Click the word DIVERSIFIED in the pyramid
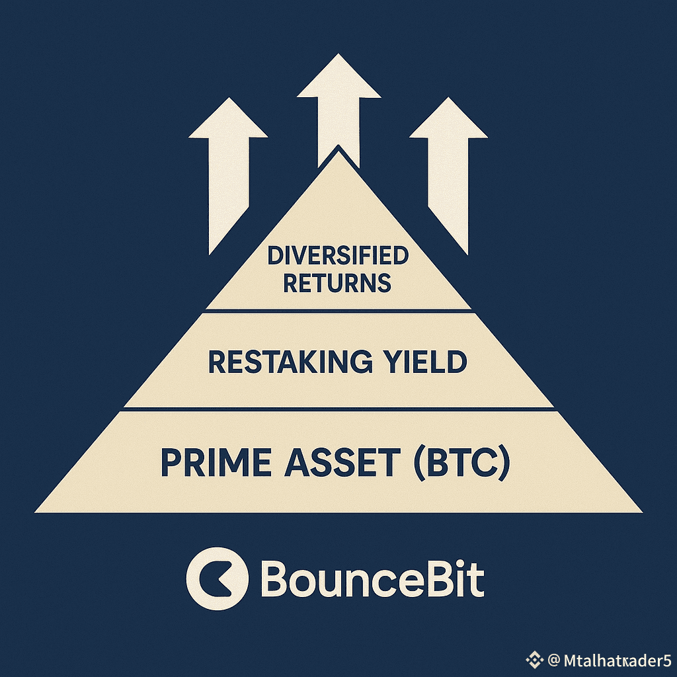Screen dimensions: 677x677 (x=338, y=255)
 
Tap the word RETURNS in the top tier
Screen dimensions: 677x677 (x=338, y=283)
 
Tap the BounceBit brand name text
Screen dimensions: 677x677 (x=373, y=580)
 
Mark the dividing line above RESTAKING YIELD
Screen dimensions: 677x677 (x=338, y=311)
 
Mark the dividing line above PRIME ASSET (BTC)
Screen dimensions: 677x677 (x=338, y=409)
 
